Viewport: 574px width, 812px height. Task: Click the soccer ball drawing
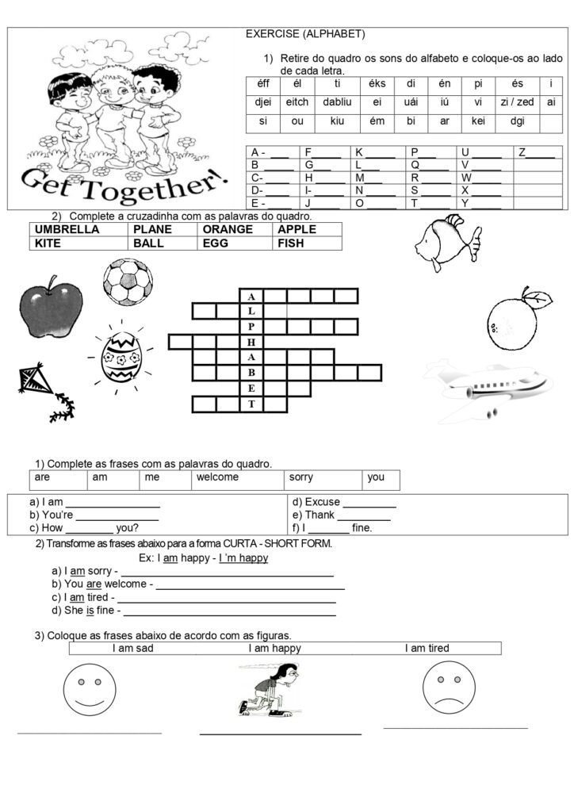(x=127, y=282)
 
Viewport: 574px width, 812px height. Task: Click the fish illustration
(x=446, y=241)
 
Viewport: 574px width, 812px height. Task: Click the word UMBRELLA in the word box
(x=67, y=229)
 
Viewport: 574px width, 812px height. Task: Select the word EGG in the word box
(x=215, y=243)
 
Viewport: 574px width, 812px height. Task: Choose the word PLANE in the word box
(x=149, y=229)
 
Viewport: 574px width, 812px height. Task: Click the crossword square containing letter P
(x=251, y=326)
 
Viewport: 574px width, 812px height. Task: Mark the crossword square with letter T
(x=251, y=404)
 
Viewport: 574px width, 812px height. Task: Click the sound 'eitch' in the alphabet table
(x=297, y=101)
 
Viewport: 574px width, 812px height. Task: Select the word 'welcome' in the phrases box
(x=217, y=477)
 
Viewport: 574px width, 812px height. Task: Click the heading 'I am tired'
(x=427, y=649)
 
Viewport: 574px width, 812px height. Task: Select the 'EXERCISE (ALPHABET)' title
(x=305, y=34)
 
